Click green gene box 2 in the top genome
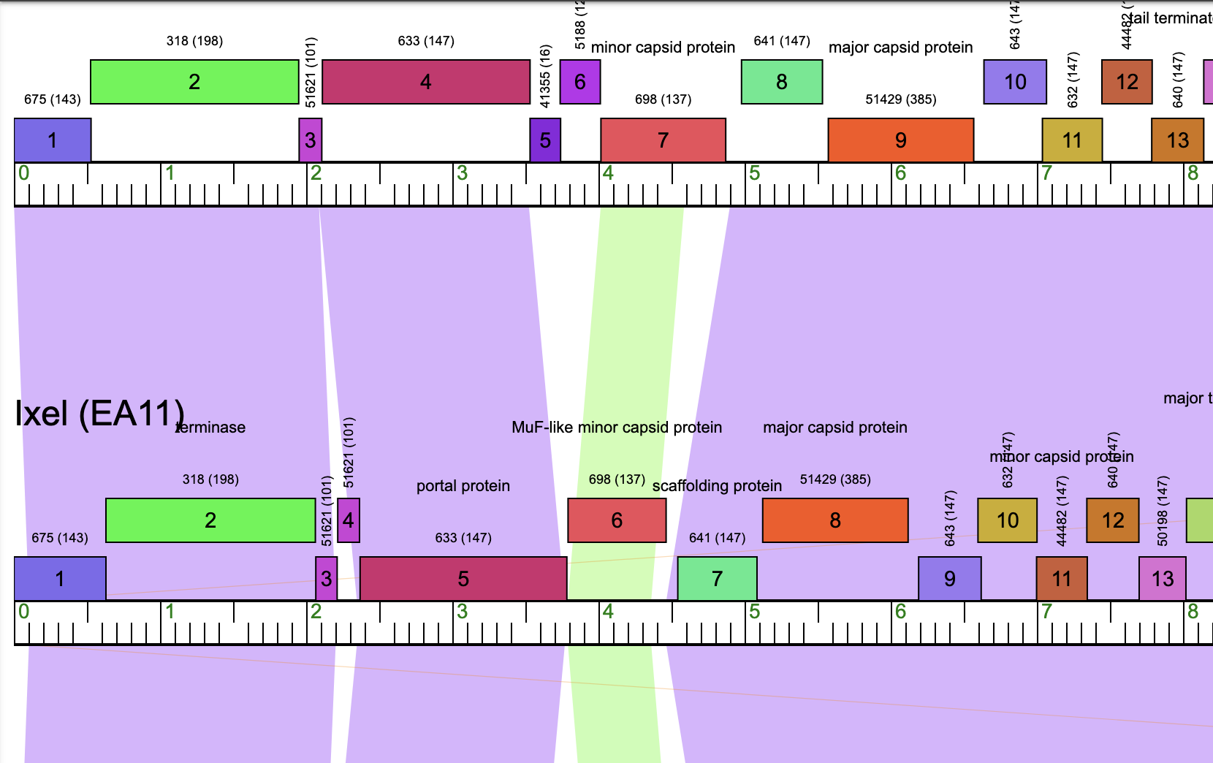tap(194, 82)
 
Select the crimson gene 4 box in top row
tap(426, 82)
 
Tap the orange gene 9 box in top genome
tap(900, 140)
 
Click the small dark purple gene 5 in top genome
tap(545, 140)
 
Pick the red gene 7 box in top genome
tap(663, 140)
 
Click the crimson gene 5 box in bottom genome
tap(463, 579)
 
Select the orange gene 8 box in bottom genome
tap(835, 520)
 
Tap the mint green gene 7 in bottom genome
tap(717, 579)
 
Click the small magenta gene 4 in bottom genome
tap(349, 520)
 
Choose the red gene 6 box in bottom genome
tap(617, 520)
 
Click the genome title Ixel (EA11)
tap(99, 414)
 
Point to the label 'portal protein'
tap(463, 486)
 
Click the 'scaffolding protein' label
tap(717, 486)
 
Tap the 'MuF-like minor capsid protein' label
tap(617, 428)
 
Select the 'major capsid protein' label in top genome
tap(900, 48)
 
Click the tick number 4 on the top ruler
tap(608, 173)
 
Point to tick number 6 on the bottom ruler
tap(900, 612)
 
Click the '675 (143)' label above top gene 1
tap(53, 99)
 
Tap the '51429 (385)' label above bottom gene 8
tap(835, 479)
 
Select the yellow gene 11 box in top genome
tap(1072, 140)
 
